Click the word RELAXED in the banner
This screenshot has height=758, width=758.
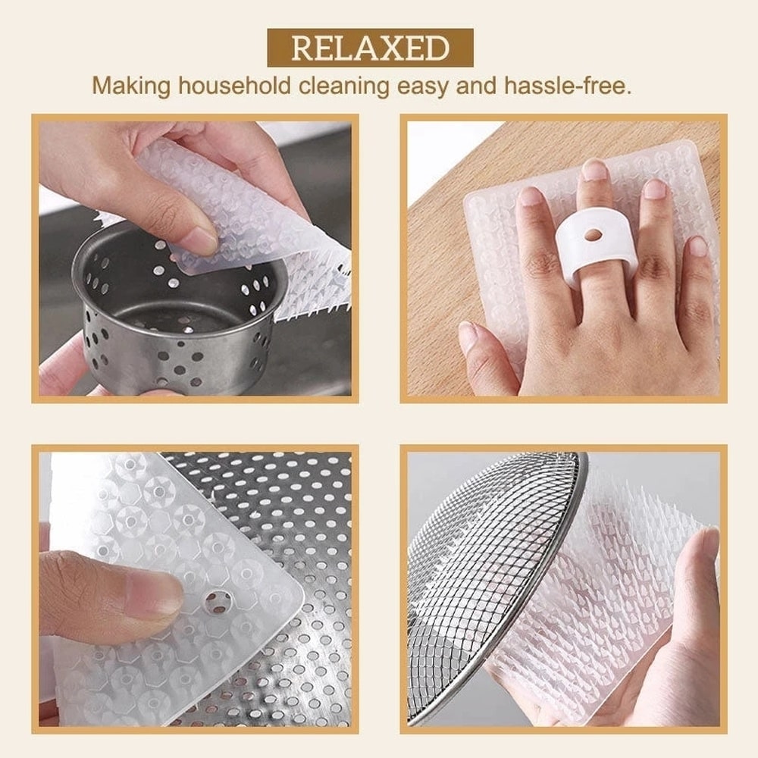370,48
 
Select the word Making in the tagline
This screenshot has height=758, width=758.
131,85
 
